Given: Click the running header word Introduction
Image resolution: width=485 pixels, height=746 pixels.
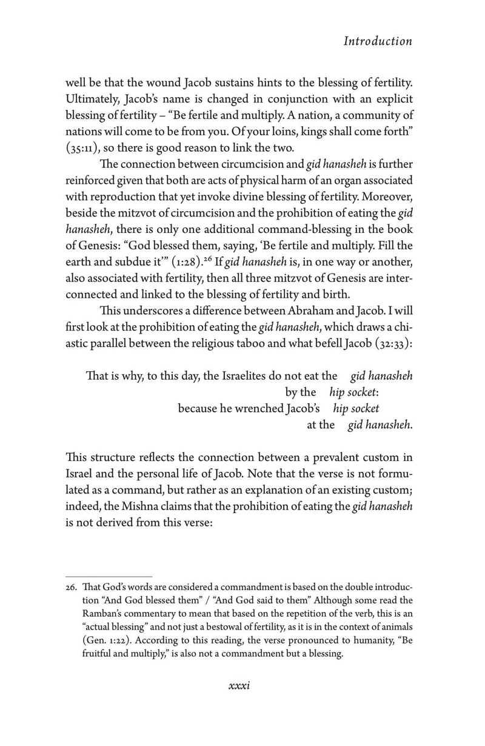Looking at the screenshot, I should coord(377,41).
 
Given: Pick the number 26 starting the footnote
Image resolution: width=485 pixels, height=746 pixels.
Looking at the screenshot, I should coord(73,589).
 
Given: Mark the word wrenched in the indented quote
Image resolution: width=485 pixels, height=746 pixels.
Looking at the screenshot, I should coord(255,408).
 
